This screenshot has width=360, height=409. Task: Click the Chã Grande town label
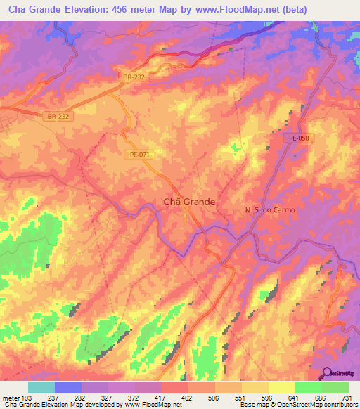pos(189,201)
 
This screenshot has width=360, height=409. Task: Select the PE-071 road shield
pos(140,155)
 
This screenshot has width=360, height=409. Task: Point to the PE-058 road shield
pos(299,139)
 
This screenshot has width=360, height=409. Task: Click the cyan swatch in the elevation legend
pos(41,387)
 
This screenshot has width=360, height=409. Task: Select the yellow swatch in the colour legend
pos(281,387)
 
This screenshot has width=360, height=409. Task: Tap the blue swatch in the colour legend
pos(68,387)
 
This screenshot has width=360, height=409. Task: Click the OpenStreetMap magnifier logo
pos(328,374)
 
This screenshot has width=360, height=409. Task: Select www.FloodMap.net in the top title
pos(231,11)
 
